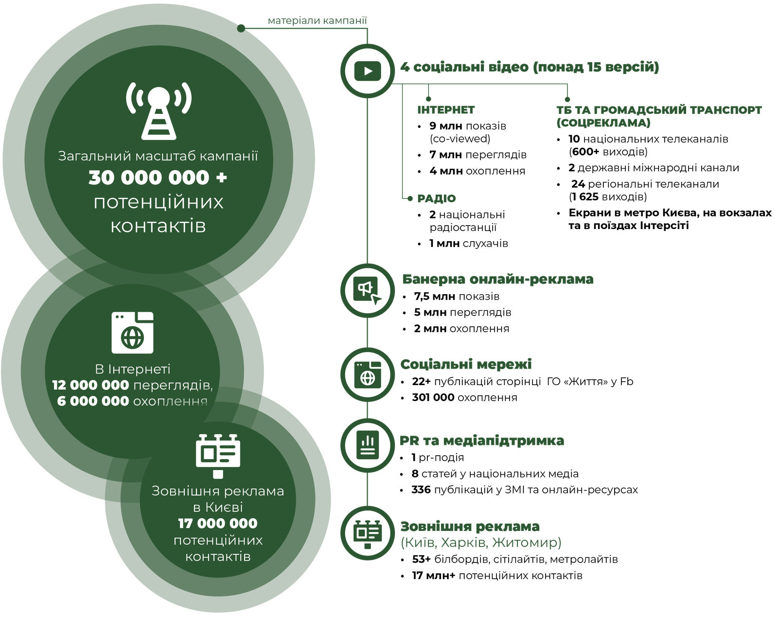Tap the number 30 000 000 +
tap(158, 178)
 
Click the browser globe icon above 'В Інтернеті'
tap(132, 333)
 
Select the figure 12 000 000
tap(90, 386)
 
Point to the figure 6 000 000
tap(93, 402)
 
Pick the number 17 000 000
tap(217, 524)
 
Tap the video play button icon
tap(368, 71)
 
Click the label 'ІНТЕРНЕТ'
tap(445, 110)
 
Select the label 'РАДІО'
tap(436, 199)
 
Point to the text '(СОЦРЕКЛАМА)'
tap(603, 123)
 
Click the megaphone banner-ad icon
tap(368, 291)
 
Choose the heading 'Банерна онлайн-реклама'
tap(497, 280)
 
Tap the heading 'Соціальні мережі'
tap(466, 365)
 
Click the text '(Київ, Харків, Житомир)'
tap(480, 543)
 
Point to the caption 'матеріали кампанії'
tap(317, 21)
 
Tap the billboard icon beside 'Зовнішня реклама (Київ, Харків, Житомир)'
tap(368, 534)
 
